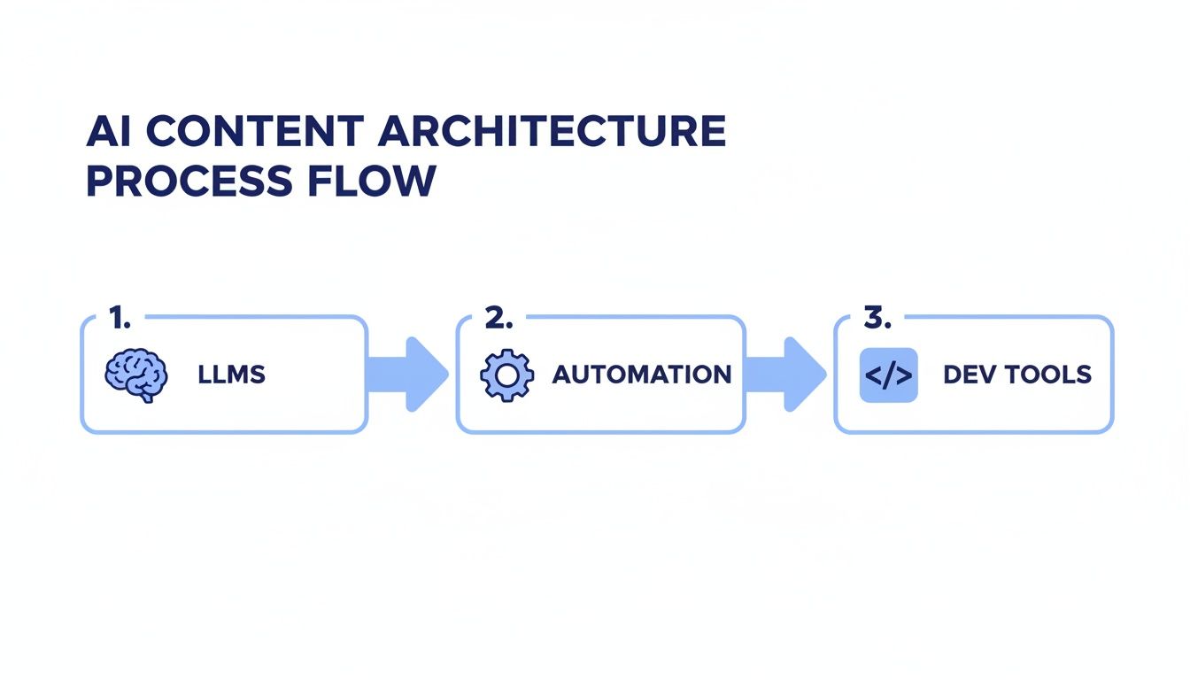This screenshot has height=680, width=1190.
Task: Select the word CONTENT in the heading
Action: point(254,132)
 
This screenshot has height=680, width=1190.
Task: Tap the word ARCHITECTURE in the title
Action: point(552,132)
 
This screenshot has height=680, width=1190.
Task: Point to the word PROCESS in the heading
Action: point(189,181)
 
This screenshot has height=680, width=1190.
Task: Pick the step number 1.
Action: point(119,317)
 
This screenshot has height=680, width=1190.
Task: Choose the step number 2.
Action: point(498,317)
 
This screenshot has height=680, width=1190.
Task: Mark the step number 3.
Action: point(877,317)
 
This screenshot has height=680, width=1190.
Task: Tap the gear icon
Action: point(507,375)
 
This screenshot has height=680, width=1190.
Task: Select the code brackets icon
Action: point(888,375)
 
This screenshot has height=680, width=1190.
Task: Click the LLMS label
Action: point(232,375)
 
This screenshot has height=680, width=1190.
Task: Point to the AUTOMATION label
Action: point(642,375)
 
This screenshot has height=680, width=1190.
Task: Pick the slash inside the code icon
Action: point(888,375)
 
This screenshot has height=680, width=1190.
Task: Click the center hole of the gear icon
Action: point(507,375)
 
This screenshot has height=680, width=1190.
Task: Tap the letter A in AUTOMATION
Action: point(561,375)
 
